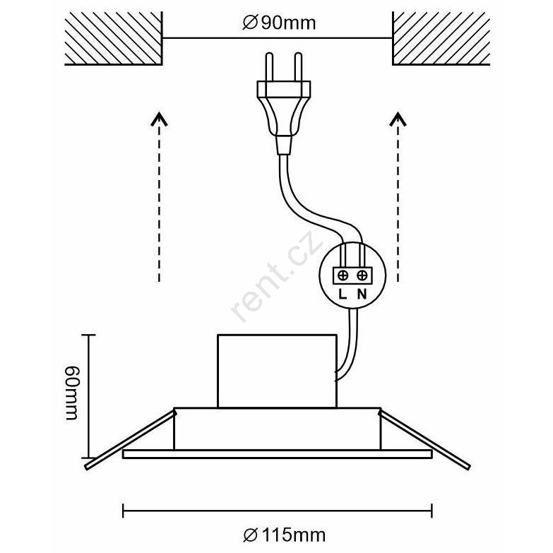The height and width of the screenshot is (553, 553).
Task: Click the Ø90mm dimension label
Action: (279, 23)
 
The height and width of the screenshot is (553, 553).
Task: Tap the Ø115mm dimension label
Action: (284, 535)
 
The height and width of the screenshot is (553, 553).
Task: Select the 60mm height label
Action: (73, 393)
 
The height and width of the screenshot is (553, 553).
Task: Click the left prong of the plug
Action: (269, 67)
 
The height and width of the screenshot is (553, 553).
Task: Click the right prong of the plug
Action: (298, 67)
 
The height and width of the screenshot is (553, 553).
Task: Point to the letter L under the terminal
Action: (343, 294)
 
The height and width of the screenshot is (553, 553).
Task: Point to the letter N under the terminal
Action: (362, 294)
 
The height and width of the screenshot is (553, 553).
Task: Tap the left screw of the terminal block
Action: (343, 275)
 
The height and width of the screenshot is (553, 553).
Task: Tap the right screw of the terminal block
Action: (362, 275)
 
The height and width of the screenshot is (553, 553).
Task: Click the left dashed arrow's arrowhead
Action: (160, 119)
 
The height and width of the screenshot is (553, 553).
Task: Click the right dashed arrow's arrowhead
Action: (398, 119)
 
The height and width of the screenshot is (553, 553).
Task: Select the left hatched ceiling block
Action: (114, 38)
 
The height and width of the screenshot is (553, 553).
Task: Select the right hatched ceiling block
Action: (441, 38)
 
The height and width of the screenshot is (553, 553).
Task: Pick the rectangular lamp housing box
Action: (277, 371)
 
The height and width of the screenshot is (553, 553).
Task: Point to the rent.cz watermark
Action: (278, 276)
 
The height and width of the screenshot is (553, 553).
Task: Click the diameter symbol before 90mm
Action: (250, 23)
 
